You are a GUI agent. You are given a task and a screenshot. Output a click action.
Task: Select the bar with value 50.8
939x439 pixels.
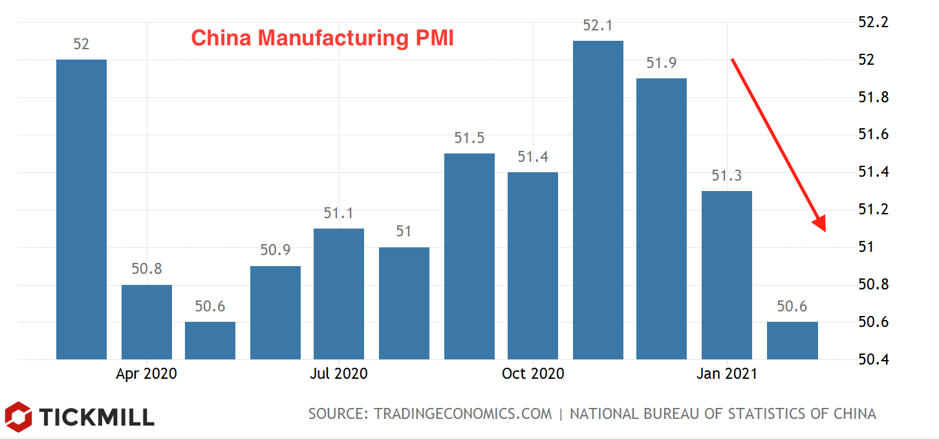tap(147, 322)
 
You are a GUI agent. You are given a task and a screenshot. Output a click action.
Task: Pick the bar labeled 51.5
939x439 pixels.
tap(469, 256)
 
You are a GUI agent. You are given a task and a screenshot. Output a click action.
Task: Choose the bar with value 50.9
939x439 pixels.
tap(275, 312)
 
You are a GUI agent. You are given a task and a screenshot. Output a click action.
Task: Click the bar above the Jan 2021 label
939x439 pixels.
tap(727, 275)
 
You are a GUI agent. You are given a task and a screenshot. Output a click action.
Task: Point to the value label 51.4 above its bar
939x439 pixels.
tap(533, 157)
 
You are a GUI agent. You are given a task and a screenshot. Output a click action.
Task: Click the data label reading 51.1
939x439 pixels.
tap(339, 213)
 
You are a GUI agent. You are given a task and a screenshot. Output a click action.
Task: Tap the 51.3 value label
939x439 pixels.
tap(727, 175)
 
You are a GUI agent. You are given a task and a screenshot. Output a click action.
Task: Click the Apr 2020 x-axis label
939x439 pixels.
tap(146, 374)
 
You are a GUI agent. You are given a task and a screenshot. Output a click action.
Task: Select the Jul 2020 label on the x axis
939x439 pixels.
tap(339, 374)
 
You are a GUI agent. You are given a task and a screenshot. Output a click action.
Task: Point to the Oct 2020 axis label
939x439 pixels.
tap(533, 374)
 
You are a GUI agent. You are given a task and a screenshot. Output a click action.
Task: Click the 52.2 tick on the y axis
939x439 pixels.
tap(874, 23)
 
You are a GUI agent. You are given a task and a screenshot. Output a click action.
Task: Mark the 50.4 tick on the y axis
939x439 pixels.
tap(874, 360)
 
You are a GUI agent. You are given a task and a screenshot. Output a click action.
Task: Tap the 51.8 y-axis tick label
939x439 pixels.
tap(874, 98)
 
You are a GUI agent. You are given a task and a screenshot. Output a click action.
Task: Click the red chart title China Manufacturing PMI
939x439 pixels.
tap(322, 38)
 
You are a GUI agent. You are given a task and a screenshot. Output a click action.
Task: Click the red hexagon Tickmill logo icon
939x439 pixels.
tap(18, 416)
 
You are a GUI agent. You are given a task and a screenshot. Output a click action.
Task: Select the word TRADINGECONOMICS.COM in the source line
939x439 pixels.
tap(463, 414)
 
